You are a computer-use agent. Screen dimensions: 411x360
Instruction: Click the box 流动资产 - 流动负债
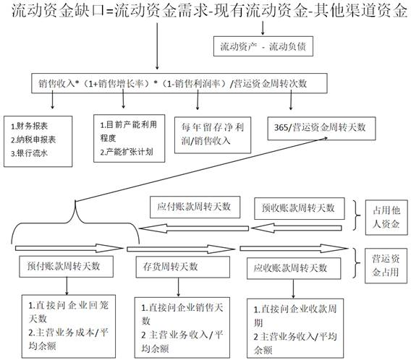point(263,46)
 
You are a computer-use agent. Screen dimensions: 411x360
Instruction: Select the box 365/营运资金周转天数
point(321,128)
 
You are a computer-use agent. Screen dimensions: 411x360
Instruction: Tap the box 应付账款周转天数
point(195,207)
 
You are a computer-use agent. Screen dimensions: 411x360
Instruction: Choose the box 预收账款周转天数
point(300,208)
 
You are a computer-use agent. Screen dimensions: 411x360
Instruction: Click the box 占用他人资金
point(386,218)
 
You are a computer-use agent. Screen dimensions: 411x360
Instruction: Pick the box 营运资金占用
point(386,266)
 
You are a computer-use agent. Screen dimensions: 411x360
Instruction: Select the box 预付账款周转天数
point(67,267)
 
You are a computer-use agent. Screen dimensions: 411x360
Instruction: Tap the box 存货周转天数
point(182,267)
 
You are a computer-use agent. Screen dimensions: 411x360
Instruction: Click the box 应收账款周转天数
point(294,268)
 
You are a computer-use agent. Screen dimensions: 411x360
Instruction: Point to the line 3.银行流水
point(29,153)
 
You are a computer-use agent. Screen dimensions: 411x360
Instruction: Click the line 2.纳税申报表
point(33,140)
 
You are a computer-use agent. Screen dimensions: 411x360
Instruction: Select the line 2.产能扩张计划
point(127,152)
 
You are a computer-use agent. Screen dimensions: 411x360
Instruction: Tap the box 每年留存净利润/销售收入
point(213,135)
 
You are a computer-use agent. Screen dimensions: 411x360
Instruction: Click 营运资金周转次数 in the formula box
point(271,84)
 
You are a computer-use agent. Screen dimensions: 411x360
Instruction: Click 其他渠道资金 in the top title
point(360,12)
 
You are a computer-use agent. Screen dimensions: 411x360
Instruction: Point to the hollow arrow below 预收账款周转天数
point(297,228)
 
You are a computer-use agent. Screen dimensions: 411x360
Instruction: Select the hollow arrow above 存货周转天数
point(181,249)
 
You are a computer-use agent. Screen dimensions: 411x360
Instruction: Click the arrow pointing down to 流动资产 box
point(263,27)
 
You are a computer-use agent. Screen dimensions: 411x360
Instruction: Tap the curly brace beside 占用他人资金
point(357,215)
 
